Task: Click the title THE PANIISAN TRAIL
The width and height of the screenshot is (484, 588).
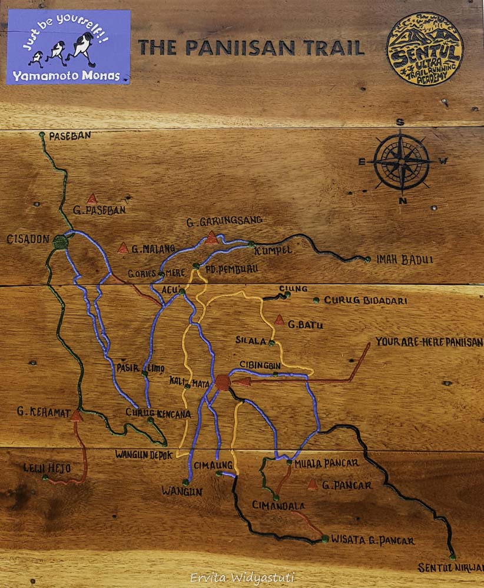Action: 251,48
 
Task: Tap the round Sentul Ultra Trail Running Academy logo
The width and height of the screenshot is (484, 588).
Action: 425,49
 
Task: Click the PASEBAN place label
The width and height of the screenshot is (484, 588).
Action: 69,135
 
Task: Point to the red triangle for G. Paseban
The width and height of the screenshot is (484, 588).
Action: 92,199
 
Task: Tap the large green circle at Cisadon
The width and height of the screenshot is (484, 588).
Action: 60,241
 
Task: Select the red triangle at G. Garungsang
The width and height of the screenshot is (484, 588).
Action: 211,238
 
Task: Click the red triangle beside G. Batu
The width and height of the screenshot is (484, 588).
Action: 279,320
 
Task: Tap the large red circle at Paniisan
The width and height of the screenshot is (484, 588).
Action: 223,382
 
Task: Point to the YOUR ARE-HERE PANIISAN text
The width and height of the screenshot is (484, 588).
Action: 428,342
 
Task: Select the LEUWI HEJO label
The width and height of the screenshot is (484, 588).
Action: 47,468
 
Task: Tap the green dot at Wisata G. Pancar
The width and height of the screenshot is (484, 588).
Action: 324,538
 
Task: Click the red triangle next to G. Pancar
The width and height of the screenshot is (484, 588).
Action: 313,485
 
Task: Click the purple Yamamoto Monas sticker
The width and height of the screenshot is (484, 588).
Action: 68,47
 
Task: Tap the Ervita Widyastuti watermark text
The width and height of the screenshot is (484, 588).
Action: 242,578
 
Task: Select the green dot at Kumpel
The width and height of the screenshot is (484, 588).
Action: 251,243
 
